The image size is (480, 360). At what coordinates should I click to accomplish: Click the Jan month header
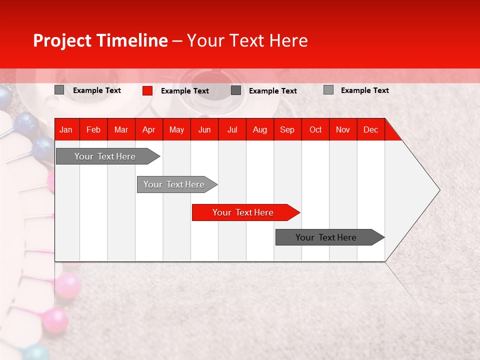point(66,129)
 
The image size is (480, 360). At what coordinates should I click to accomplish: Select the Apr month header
point(148,129)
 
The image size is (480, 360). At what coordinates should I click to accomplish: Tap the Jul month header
point(232,129)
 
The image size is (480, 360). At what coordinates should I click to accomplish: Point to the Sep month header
point(287,129)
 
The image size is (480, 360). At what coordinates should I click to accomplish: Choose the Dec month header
point(370,129)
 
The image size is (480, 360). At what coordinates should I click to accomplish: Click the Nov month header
point(342,129)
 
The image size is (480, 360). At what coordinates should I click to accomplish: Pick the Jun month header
point(204,129)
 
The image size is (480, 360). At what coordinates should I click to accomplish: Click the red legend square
point(147,90)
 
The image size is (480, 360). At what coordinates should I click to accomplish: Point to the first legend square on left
point(59,90)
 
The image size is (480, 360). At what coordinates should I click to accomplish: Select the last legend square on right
point(328,90)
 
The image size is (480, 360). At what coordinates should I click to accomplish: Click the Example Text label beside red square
point(185,91)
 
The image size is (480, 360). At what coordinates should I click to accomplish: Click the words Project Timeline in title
point(100,40)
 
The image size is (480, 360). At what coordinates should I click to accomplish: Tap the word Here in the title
point(288,40)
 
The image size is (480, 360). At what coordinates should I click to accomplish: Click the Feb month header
point(93,129)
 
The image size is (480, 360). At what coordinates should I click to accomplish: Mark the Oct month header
point(315,129)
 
